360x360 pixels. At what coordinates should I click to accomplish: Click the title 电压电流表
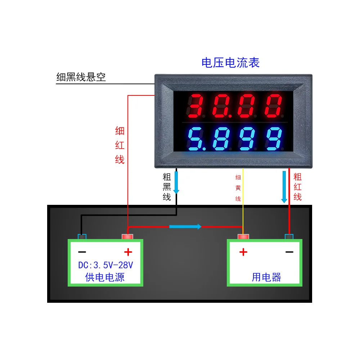[x=230, y=63]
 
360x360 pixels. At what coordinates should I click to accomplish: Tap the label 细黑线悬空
[x=81, y=77]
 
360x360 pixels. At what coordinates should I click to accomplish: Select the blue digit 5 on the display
[x=197, y=139]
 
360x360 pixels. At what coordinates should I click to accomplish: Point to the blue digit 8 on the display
[x=220, y=139]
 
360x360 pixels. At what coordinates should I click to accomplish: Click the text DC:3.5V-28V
[x=106, y=266]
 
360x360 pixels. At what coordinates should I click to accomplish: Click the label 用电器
[x=266, y=277]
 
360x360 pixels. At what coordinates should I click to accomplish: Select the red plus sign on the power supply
[x=128, y=252]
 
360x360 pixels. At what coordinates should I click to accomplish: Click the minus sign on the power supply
[x=82, y=252]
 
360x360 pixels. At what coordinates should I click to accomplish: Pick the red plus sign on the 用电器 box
[x=243, y=252]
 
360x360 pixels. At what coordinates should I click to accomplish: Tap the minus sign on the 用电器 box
[x=289, y=252]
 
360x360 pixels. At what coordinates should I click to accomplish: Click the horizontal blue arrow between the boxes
[x=185, y=226]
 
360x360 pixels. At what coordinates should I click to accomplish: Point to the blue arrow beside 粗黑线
[x=176, y=182]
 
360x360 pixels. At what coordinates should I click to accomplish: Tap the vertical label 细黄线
[x=238, y=188]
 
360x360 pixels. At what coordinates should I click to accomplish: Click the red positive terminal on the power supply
[x=128, y=237]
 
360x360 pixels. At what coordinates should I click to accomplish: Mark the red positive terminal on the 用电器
[x=243, y=237]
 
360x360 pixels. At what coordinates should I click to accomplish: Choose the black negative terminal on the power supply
[x=82, y=237]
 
